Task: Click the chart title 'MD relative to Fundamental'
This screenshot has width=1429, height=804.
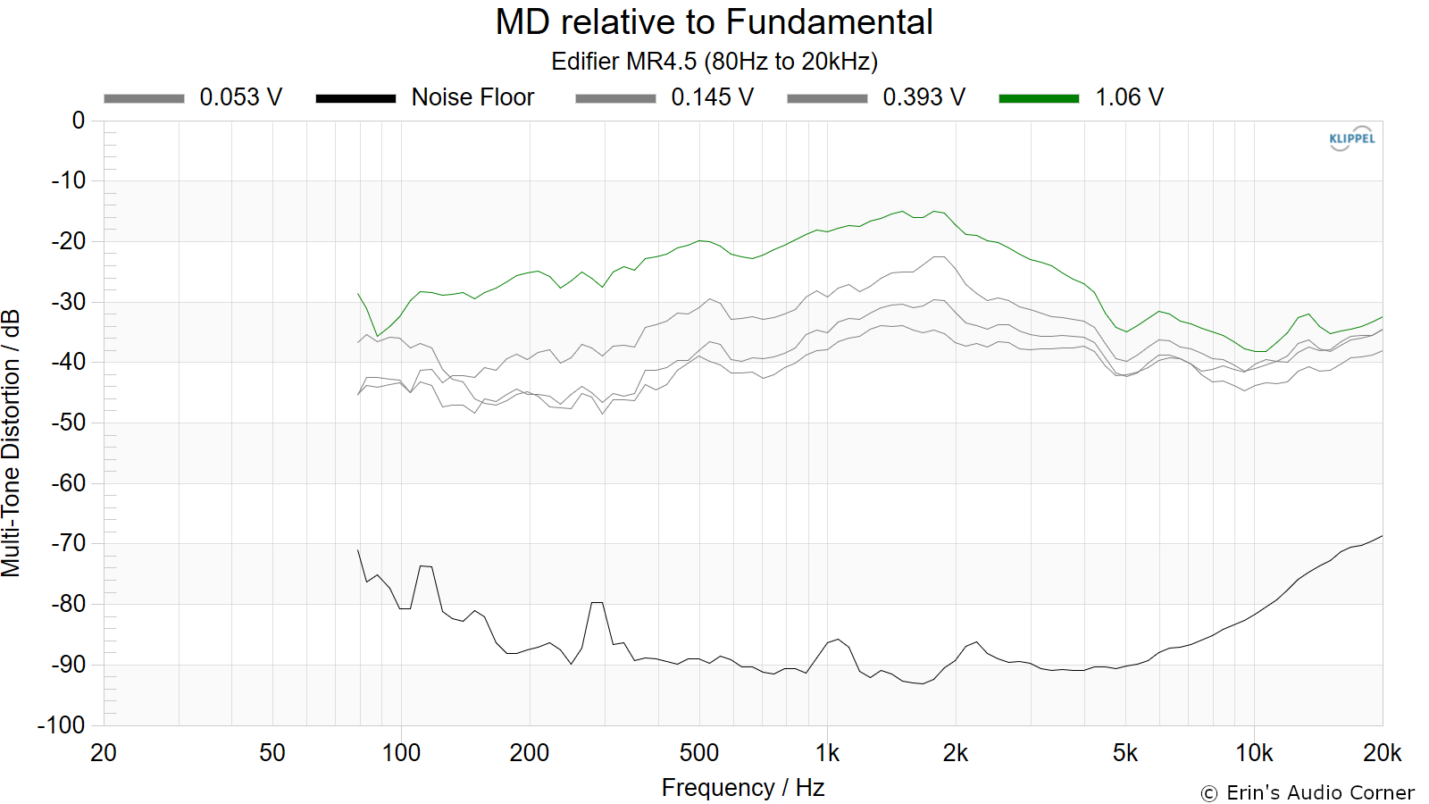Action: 714,21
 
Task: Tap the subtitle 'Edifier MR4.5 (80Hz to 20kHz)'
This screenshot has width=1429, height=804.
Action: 714,62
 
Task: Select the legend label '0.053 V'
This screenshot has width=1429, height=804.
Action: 240,97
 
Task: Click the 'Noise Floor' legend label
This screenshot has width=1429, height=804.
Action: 472,97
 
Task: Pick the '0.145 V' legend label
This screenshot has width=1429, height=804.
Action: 712,97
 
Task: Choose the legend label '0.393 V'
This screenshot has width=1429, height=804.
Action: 923,97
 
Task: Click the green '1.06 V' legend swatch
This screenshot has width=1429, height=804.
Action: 1039,98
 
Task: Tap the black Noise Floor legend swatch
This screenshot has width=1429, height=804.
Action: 356,98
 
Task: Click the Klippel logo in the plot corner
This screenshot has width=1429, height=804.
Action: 1352,138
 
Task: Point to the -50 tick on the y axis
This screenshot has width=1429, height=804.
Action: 68,423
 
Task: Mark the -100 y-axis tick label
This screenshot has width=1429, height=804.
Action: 62,724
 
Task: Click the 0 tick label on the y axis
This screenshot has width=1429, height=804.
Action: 79,120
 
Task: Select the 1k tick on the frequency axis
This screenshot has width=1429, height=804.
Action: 827,753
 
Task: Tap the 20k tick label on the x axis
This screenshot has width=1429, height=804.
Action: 1383,753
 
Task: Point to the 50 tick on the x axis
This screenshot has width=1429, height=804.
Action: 272,753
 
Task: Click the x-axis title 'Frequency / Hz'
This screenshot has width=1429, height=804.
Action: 743,788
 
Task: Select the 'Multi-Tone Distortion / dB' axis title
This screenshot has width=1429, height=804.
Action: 11,443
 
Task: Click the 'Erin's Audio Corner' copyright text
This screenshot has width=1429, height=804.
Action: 1308,792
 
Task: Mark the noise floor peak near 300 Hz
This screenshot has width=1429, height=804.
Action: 598,602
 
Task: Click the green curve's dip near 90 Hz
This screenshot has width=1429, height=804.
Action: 377,336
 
